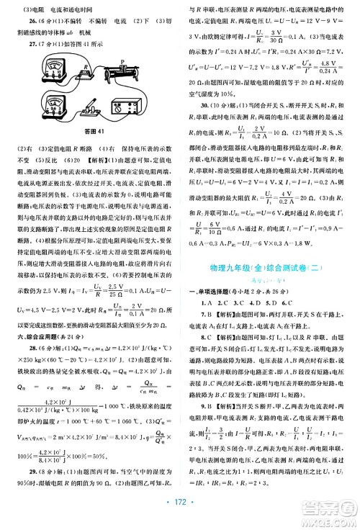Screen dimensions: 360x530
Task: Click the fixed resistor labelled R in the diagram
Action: pyautogui.click(x=86, y=75)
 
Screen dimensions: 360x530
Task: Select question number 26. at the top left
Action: pyautogui.click(x=22, y=21)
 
